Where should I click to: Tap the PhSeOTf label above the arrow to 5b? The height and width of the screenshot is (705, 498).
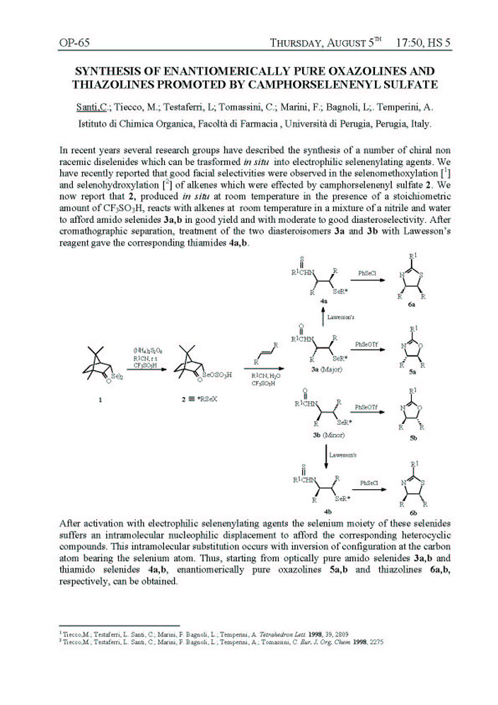coord(366,407)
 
